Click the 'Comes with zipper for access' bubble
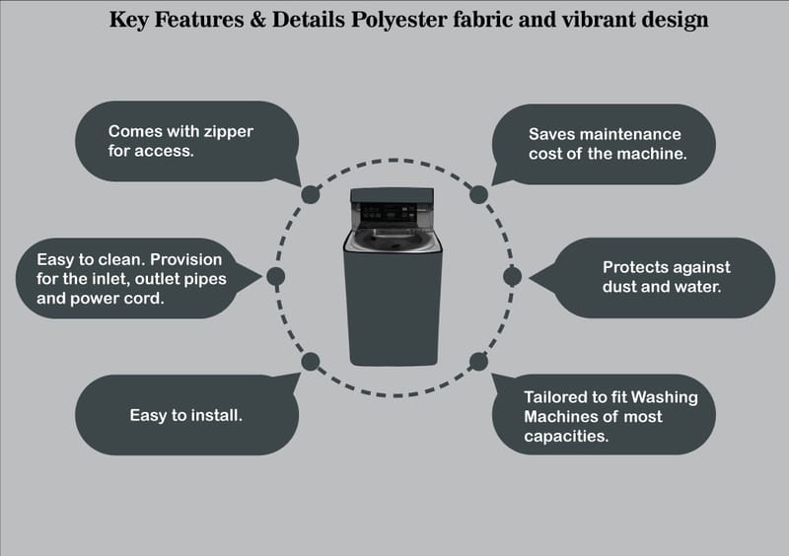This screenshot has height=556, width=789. pyautogui.click(x=187, y=141)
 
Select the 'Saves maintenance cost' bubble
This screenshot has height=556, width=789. pyautogui.click(x=605, y=144)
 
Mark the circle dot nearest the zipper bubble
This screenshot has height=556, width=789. pyautogui.click(x=310, y=194)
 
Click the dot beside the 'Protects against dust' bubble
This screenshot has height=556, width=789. pyautogui.click(x=512, y=276)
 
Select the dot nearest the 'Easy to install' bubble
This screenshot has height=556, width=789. pyautogui.click(x=310, y=361)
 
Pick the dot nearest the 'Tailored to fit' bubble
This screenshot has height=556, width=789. pyautogui.click(x=478, y=361)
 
